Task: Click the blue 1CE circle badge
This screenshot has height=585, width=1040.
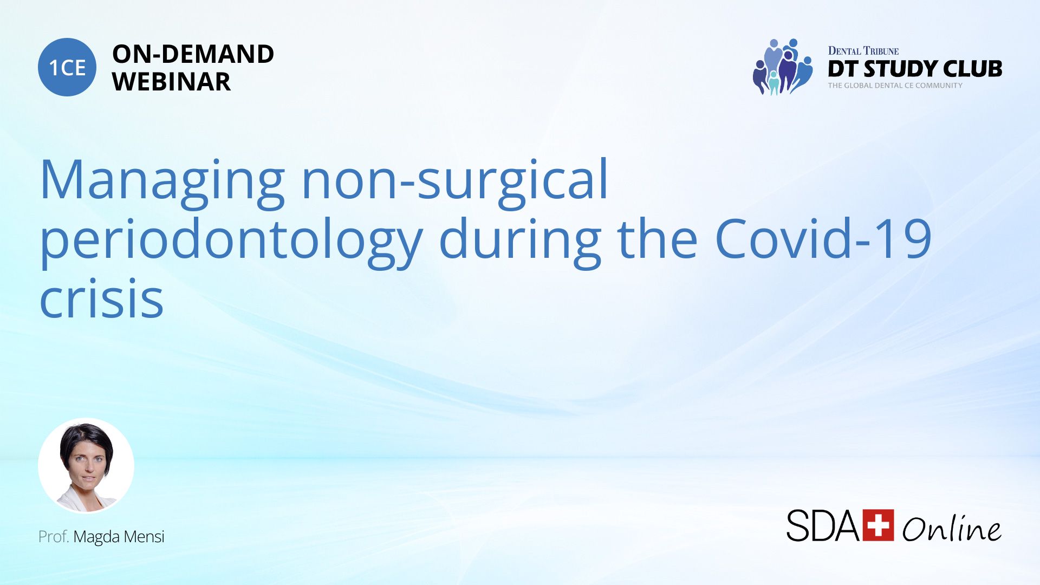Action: pos(67,67)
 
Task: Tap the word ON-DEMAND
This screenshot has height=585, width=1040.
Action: pos(193,54)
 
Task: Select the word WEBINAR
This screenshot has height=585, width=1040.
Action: pos(171,82)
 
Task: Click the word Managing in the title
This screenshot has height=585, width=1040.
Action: pos(162,183)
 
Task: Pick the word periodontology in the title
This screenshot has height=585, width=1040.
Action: pos(231,242)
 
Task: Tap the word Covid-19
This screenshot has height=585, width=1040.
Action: pos(823,238)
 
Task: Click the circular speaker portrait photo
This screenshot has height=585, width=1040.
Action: pos(86,466)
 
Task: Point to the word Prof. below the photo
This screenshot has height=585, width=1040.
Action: pos(54,536)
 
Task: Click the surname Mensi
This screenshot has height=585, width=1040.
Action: pos(146,536)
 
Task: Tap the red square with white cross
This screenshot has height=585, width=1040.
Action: pos(878,525)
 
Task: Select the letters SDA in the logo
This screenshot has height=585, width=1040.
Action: pos(823,525)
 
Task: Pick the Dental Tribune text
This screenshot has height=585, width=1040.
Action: pos(863,51)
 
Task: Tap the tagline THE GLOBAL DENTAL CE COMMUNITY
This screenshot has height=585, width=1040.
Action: pos(895,86)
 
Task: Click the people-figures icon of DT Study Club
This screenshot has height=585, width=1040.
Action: pos(783,67)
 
